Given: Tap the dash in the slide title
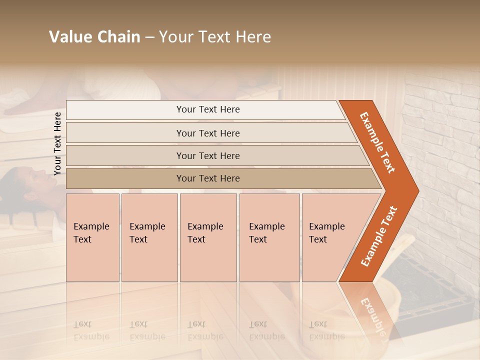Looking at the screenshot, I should [x=149, y=37].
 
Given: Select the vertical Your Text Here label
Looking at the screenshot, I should [x=57, y=143].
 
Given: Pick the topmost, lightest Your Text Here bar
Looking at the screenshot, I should [x=207, y=109].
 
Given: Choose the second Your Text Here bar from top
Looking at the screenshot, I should [x=207, y=133].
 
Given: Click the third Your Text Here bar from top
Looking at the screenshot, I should [x=207, y=155].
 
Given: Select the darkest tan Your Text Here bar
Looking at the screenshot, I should [x=207, y=178].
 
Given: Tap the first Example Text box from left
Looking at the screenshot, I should [x=92, y=237].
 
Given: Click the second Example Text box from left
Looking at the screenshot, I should [x=149, y=237].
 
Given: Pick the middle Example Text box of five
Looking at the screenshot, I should [x=208, y=237].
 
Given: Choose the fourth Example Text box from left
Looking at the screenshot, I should [x=269, y=237].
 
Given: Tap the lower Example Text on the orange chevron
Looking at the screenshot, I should [x=378, y=236].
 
